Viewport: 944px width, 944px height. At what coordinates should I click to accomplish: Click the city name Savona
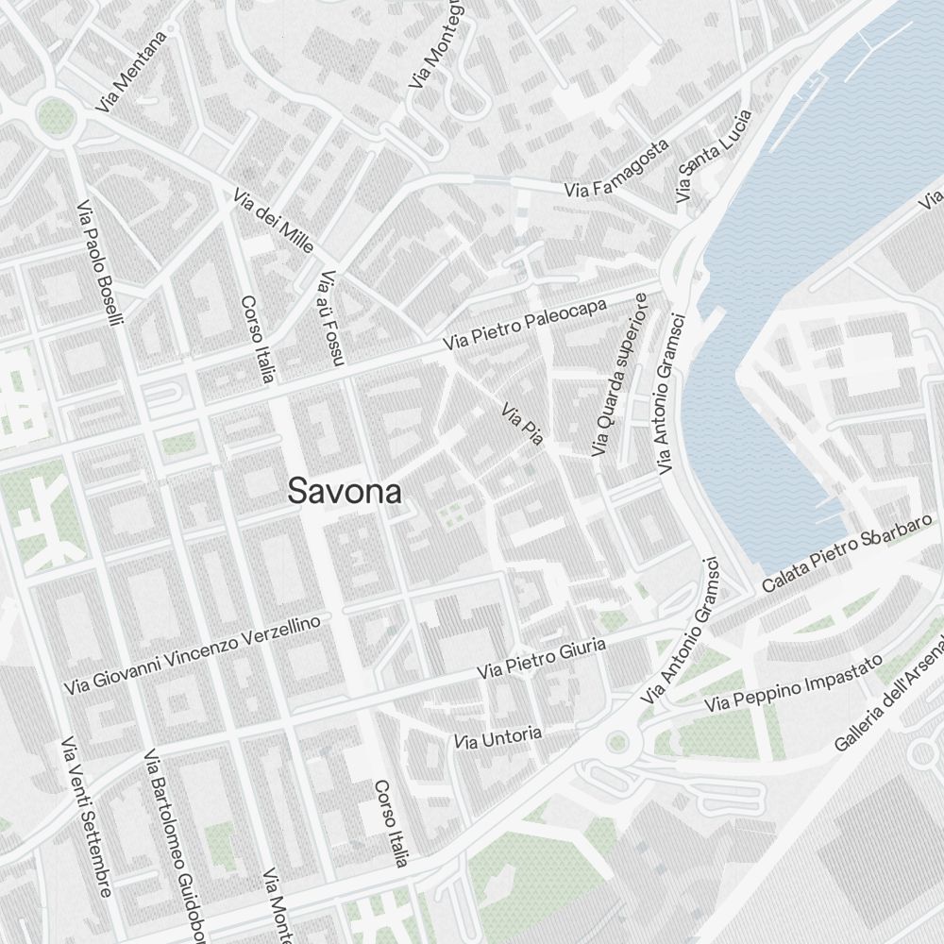click(345, 492)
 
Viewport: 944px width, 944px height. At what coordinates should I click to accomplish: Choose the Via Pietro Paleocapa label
click(525, 325)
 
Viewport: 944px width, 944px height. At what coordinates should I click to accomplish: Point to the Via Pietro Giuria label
click(541, 658)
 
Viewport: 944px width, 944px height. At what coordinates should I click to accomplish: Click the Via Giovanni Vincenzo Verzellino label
click(198, 654)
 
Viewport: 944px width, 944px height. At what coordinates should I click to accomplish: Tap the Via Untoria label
click(497, 737)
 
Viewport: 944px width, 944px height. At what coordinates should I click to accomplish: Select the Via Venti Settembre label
click(86, 817)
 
